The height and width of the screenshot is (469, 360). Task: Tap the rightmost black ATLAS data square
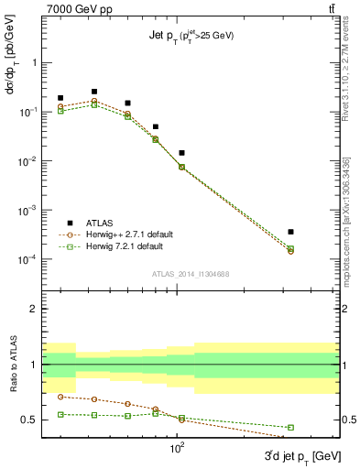290,232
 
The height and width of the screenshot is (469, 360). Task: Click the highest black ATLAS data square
94,92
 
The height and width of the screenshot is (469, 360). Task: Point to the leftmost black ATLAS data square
60,98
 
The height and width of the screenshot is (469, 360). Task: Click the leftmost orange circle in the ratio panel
60,397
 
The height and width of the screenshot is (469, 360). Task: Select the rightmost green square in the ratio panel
290,428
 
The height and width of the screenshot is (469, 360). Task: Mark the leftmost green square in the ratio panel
60,414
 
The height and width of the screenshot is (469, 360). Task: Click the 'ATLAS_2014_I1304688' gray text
190,272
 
